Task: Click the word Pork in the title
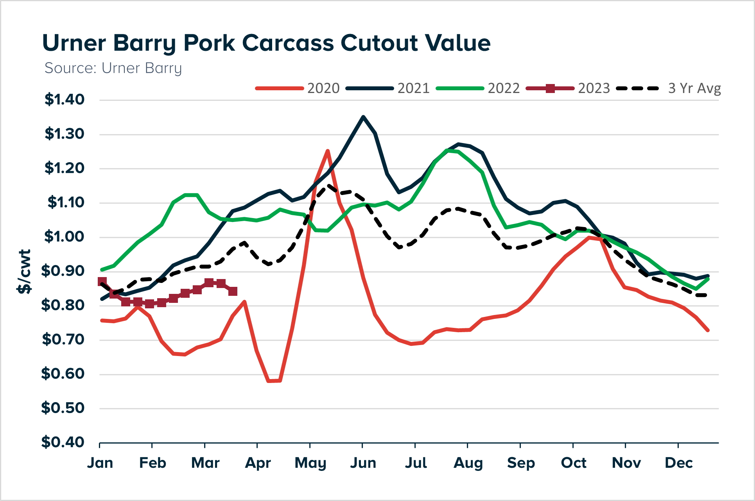[x=209, y=43]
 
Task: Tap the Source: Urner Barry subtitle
[x=113, y=68]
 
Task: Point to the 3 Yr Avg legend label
[x=694, y=88]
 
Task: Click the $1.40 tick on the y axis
[x=65, y=100]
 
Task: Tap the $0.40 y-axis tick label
[x=63, y=442]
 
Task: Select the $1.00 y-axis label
[x=64, y=237]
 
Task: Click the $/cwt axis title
[x=24, y=272]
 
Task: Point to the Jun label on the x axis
[x=363, y=463]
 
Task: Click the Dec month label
[x=678, y=463]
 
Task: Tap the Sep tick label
[x=520, y=463]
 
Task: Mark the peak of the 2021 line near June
[x=363, y=116]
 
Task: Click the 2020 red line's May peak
[x=328, y=150]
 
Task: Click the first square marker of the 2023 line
[x=102, y=281]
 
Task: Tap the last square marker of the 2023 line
[x=233, y=291]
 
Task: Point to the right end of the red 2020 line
[x=708, y=330]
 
